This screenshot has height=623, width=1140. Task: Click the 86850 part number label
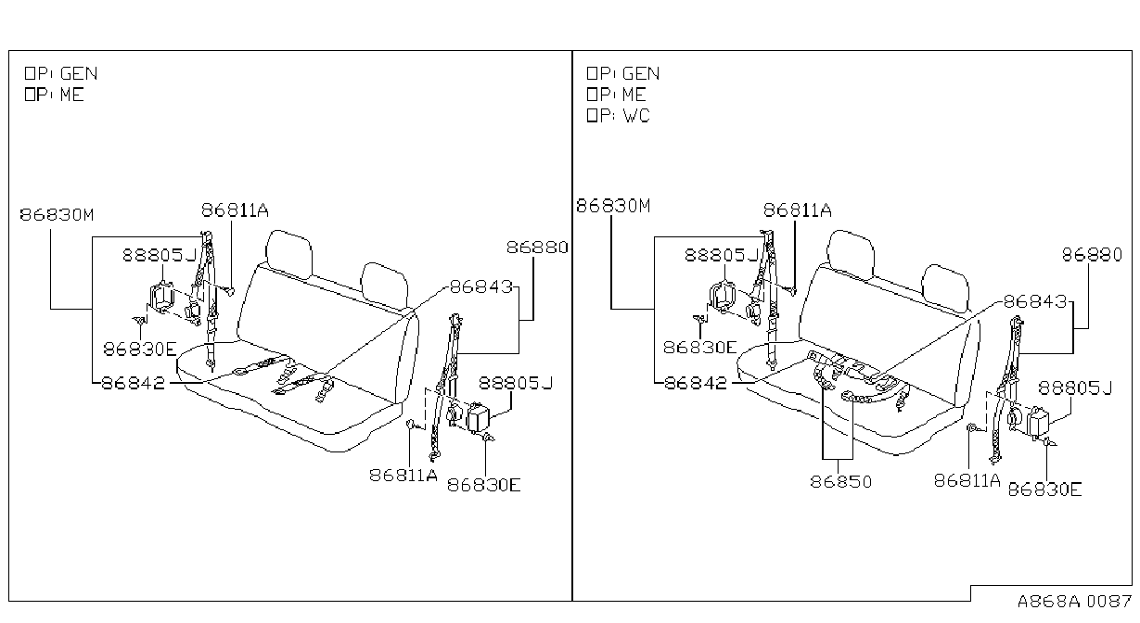pos(840,481)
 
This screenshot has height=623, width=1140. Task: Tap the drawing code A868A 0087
pos(1074,602)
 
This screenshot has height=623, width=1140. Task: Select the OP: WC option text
pos(619,116)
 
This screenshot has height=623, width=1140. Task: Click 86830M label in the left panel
pos(57,214)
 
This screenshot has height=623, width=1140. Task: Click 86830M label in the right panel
pos(613,206)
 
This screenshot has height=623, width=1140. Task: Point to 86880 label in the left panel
pos(537,248)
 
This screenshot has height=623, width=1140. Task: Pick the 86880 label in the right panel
pos(1092,254)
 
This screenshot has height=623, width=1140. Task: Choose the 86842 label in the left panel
pos(134,383)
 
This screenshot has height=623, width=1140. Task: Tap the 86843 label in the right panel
pos(1035,301)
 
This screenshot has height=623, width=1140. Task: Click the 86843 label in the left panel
pos(481,286)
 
